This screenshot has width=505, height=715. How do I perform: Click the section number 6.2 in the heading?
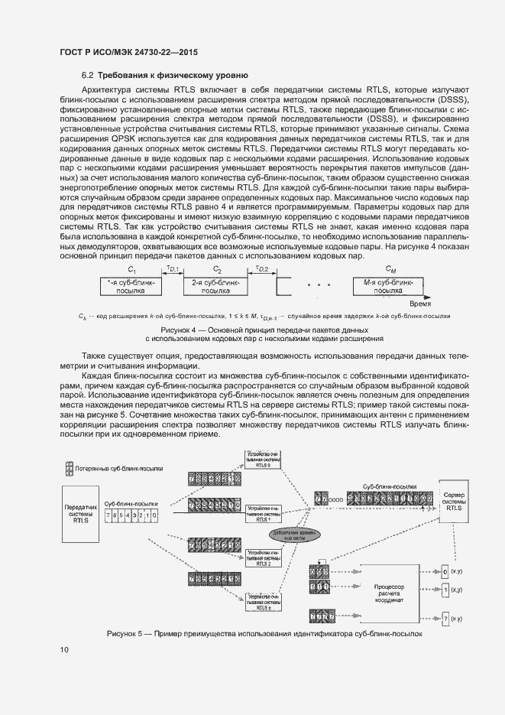point(87,75)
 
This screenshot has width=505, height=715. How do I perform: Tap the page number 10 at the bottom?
point(64,650)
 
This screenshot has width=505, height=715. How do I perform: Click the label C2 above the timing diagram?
point(217,270)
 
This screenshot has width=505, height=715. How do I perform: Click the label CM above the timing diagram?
point(391,270)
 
